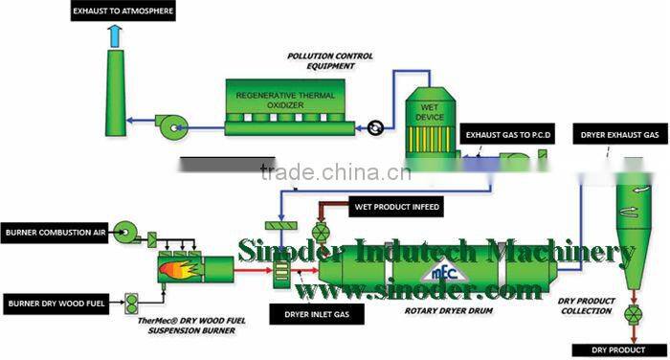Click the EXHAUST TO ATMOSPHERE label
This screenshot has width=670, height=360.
tap(122, 11)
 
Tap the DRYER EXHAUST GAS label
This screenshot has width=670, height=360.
tap(619, 136)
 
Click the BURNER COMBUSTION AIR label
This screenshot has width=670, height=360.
tap(52, 233)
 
